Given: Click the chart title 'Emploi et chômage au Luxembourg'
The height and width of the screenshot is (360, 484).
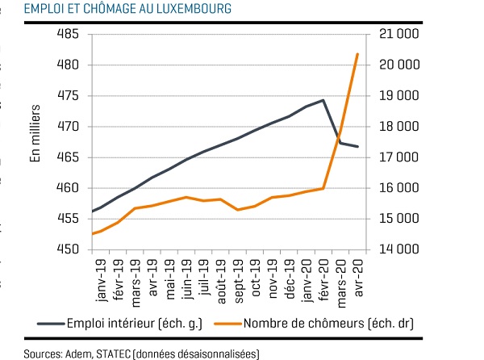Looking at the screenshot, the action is pos(127,9).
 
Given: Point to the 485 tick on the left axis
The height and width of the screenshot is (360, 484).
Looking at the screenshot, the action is pos(68,34).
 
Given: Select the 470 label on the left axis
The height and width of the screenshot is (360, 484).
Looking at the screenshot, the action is pos(68,126).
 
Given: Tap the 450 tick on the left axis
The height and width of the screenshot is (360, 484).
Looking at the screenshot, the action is pos(68,249).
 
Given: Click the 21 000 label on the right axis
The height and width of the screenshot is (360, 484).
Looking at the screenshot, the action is pos(399,34).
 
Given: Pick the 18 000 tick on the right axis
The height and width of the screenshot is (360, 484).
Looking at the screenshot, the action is pos(399,126).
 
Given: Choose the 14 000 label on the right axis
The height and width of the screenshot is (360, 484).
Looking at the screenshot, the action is pos(399,249).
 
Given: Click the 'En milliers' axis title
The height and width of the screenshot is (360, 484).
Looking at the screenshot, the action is pos(35,133).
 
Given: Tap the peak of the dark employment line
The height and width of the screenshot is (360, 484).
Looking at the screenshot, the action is pos(323,100).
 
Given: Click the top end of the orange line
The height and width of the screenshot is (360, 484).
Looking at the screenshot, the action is pos(357,54).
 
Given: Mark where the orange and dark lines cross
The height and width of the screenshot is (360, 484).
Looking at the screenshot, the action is pos(339,136).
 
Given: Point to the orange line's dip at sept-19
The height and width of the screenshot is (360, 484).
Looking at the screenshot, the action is pos(238,210).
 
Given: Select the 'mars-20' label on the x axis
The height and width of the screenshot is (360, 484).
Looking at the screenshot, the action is pos(341,283).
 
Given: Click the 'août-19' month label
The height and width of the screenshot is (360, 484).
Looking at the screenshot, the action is pos(221,281).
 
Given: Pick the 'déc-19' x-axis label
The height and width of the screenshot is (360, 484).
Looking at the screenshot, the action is pos(290,279).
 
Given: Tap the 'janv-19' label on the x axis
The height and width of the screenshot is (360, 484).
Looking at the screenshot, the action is pos(102,280).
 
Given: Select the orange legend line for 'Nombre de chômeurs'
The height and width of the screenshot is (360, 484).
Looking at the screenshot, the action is pos(228,324).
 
